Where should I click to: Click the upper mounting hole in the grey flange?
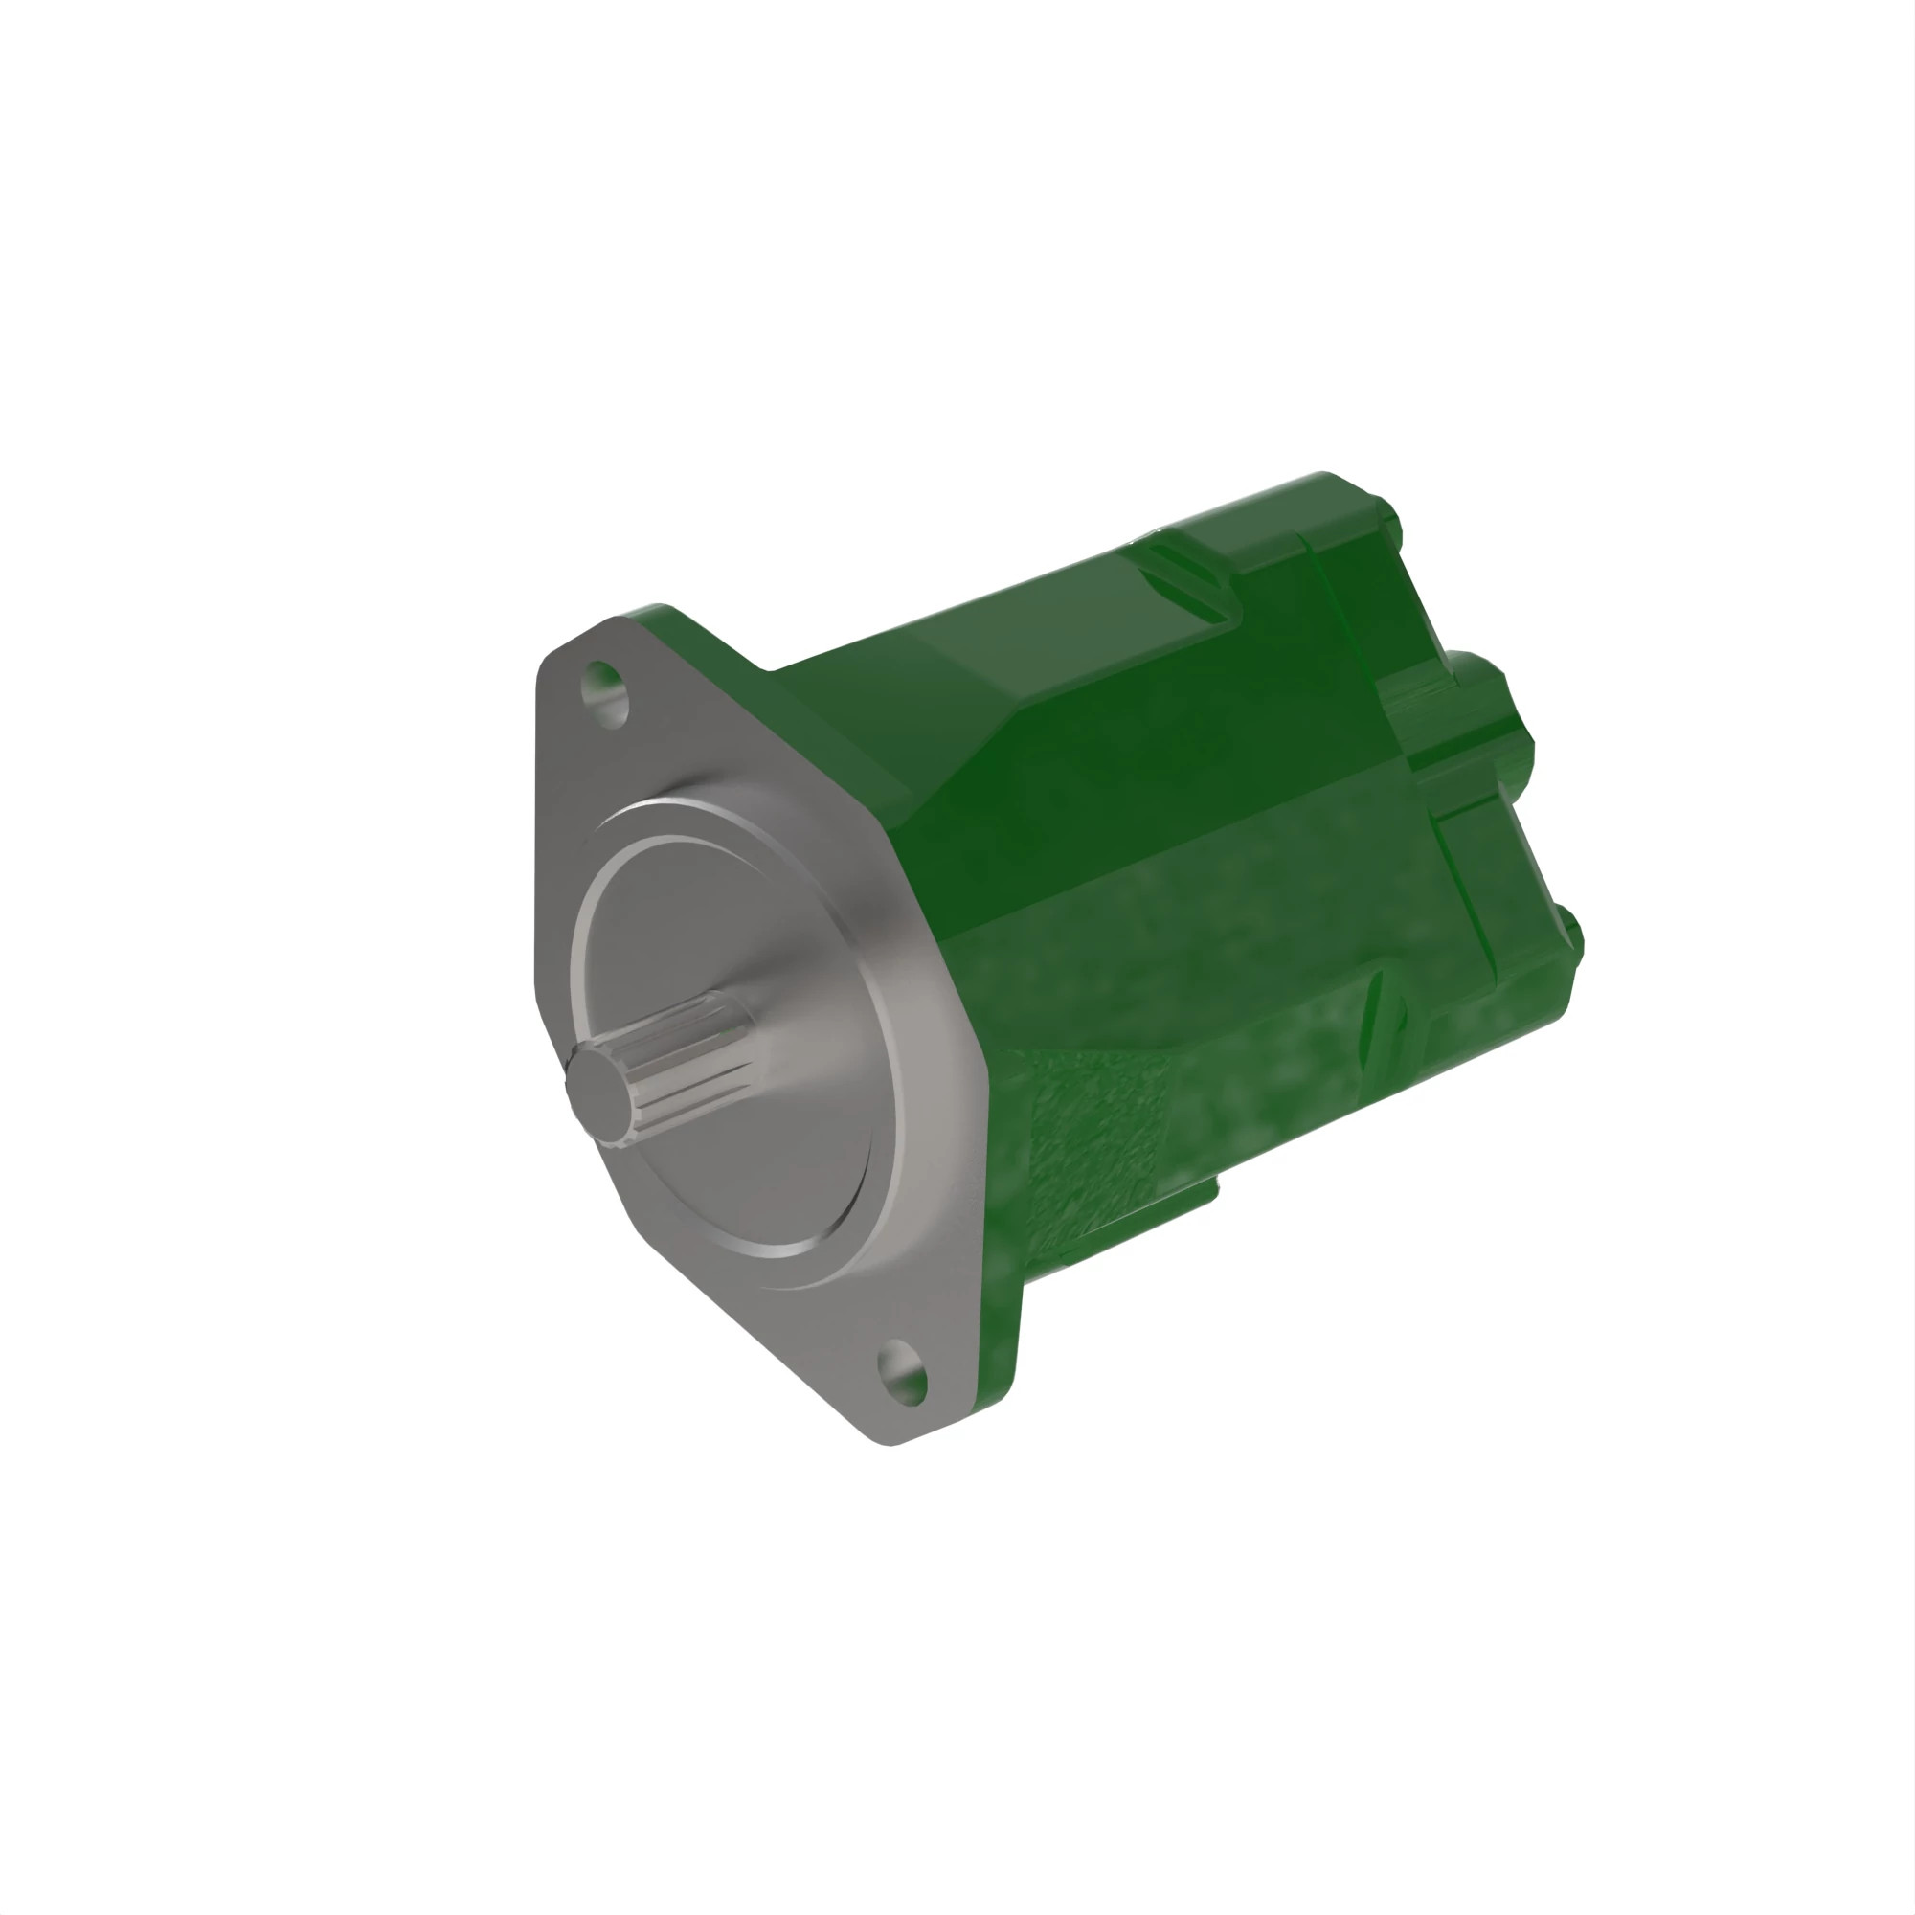tap(604, 693)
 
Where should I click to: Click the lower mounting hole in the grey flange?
tap(902, 1372)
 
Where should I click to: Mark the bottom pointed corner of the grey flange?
tap(889, 1443)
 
